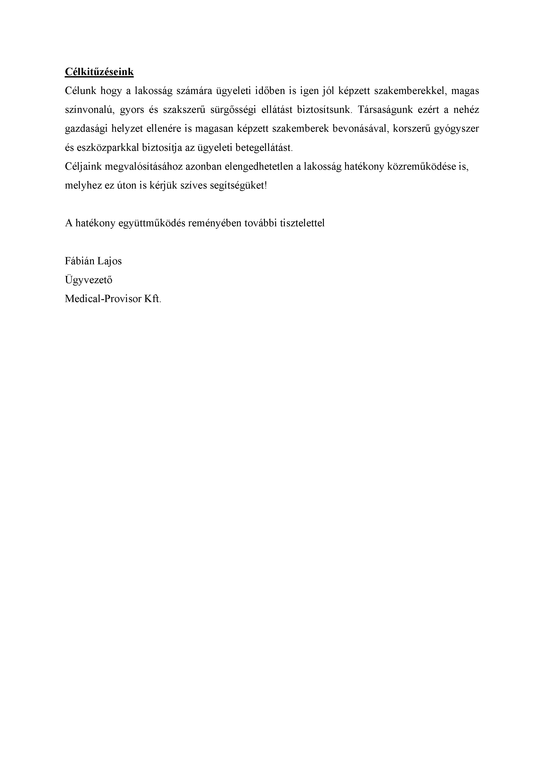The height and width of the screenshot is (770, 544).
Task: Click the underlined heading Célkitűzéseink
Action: (99, 72)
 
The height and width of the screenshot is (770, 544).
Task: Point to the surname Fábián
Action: (79, 261)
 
